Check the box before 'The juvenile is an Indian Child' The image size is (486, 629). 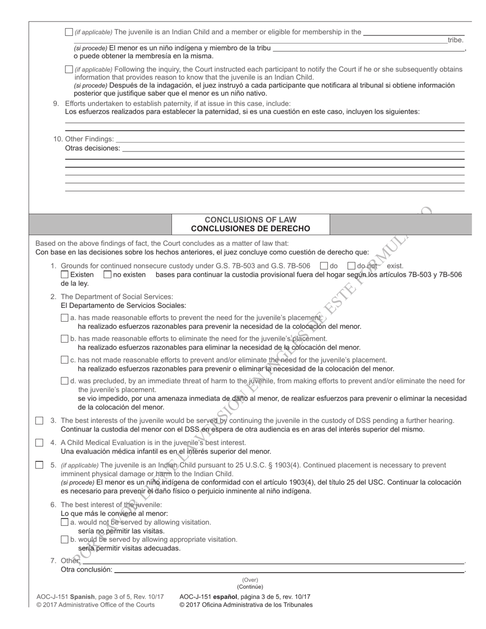[x=69, y=32]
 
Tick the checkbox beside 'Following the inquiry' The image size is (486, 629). [x=69, y=69]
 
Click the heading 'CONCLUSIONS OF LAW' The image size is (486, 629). [x=251, y=219]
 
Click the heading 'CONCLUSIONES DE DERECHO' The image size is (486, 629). [x=251, y=229]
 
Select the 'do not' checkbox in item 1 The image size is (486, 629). [x=351, y=266]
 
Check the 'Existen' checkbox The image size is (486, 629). [x=64, y=275]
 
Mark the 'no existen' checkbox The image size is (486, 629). [x=107, y=275]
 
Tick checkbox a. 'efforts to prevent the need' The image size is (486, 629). [x=64, y=318]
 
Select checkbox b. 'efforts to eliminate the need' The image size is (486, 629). [x=64, y=339]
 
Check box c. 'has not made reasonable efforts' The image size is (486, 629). [x=64, y=360]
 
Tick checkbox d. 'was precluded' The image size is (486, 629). [x=64, y=381]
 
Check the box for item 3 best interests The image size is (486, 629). [x=39, y=421]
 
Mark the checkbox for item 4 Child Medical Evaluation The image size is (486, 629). [x=39, y=443]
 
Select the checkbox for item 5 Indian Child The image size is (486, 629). [x=39, y=465]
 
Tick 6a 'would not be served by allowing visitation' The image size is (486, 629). [x=64, y=523]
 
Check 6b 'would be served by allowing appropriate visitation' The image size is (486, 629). [x=64, y=540]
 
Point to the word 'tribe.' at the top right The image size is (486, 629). [x=455, y=40]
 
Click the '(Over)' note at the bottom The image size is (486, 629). [x=250, y=580]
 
